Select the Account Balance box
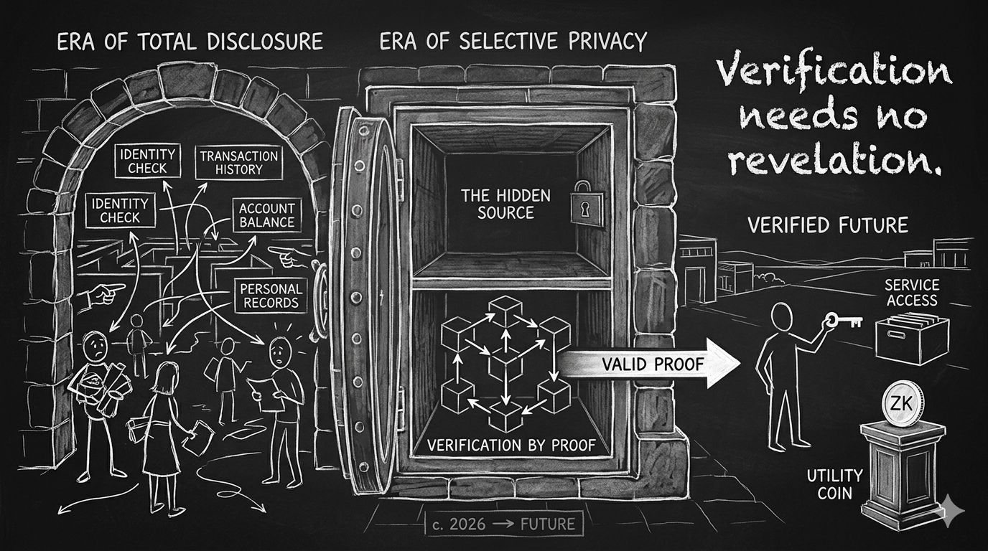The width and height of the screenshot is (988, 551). tap(267, 214)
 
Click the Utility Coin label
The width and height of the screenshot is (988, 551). tap(835, 484)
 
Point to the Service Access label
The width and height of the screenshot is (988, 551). tap(912, 292)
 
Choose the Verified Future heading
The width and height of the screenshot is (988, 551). tap(827, 225)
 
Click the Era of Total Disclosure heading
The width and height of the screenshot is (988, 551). tap(189, 42)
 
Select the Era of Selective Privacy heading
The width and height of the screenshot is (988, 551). tap(513, 42)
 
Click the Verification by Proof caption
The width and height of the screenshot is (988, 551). tap(511, 445)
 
